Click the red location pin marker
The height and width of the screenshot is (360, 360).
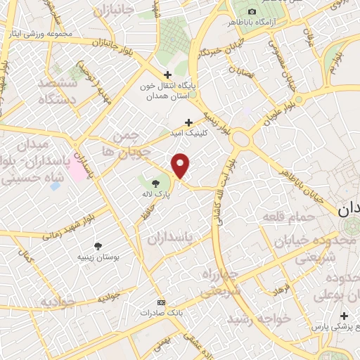pos(181,165)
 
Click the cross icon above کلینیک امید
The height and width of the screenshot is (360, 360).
pos(188,122)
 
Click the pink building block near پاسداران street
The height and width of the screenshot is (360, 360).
pos(75,172)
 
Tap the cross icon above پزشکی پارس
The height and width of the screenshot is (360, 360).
pos(343,316)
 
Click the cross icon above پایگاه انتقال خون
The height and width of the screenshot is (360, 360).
pos(167,75)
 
